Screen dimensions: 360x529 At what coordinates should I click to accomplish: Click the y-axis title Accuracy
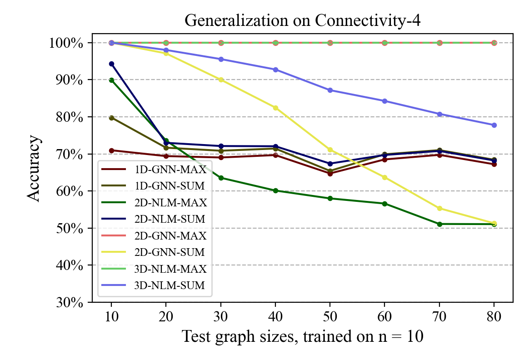click(34, 168)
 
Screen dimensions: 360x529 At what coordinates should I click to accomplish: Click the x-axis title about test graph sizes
click(303, 336)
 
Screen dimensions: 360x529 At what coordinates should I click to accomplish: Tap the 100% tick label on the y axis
click(66, 43)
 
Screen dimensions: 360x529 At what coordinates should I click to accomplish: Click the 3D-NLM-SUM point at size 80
click(494, 125)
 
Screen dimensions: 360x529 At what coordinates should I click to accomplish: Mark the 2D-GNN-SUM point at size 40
click(275, 108)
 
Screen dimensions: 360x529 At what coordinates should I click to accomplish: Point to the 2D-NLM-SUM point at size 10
click(111, 64)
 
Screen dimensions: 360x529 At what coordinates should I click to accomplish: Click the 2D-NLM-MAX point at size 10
click(111, 80)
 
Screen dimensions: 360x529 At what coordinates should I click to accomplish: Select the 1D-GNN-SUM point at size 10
click(111, 118)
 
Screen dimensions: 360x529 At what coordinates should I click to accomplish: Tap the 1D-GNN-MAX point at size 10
click(111, 150)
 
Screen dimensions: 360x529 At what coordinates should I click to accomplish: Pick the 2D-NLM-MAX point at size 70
click(439, 224)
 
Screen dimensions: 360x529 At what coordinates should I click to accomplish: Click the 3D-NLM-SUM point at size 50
click(330, 90)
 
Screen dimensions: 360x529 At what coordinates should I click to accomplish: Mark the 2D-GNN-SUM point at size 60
click(385, 177)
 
